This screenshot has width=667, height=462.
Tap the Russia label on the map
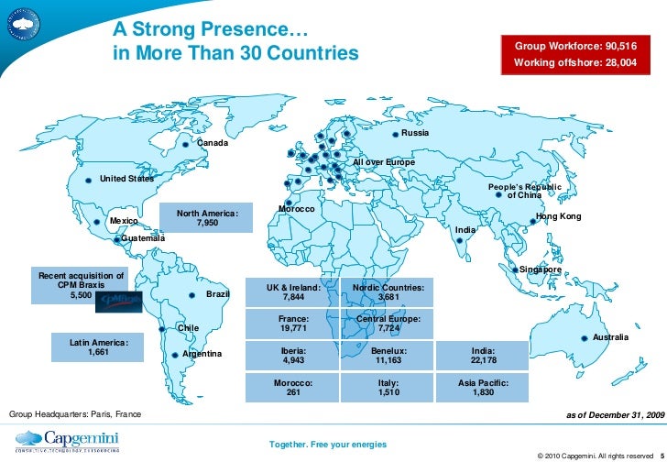pyautogui.click(x=415, y=135)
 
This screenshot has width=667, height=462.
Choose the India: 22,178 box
pyautogui.click(x=483, y=356)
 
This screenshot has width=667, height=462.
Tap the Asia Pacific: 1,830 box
pyautogui.click(x=483, y=387)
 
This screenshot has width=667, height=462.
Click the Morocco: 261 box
pyautogui.click(x=293, y=387)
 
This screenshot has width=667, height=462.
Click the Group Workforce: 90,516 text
pyautogui.click(x=575, y=45)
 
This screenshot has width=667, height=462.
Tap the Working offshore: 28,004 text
pyautogui.click(x=575, y=63)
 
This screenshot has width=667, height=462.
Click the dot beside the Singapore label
pyautogui.click(x=514, y=269)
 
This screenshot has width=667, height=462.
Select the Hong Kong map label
pyautogui.click(x=558, y=216)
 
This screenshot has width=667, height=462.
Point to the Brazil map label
pyautogui.click(x=217, y=294)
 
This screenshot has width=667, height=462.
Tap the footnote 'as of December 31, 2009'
pyautogui.click(x=616, y=415)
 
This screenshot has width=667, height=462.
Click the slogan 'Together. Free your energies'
pyautogui.click(x=327, y=445)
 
